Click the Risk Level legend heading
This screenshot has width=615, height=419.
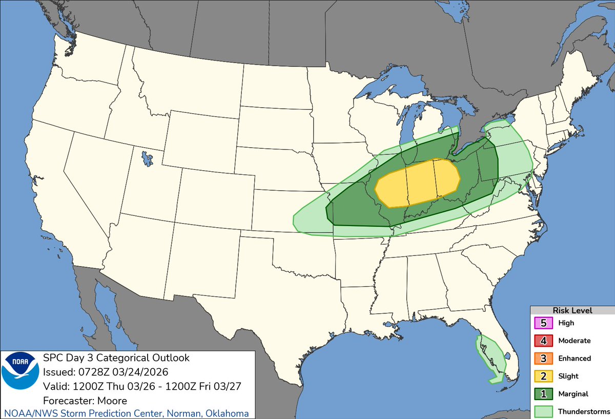coord(572,310)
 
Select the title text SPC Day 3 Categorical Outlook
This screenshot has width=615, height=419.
coord(116,357)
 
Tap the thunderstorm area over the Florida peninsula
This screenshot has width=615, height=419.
coord(489,359)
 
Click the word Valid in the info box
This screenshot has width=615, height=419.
coord(54,386)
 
